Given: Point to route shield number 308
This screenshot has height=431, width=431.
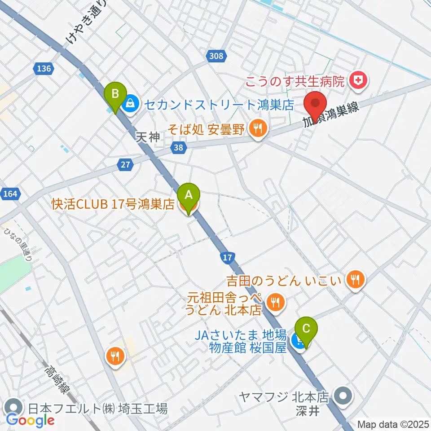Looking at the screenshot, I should (x=216, y=56).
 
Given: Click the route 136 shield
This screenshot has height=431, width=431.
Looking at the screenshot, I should (x=44, y=68).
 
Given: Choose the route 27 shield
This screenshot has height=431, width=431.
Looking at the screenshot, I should (x=126, y=165).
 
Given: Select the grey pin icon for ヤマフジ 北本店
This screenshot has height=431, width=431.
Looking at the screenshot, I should (x=345, y=396).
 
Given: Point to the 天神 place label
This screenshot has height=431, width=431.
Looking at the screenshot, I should (x=148, y=137).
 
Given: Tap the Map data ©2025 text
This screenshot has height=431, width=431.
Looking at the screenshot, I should (x=393, y=424).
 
